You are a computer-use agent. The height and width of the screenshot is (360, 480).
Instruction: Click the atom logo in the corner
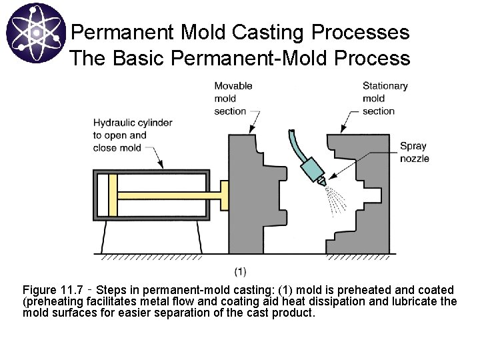35,35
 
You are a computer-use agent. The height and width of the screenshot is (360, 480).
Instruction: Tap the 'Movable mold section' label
233,98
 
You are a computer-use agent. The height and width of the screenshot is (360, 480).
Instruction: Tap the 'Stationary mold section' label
385,98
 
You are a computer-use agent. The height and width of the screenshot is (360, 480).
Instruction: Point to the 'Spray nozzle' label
414,152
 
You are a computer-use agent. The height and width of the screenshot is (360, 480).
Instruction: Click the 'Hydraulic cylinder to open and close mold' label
132,135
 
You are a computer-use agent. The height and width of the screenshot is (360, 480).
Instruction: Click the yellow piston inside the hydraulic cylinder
113,195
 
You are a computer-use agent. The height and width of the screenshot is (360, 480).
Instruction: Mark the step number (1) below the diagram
240,271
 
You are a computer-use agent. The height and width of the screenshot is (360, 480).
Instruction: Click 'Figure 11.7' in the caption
53,291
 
